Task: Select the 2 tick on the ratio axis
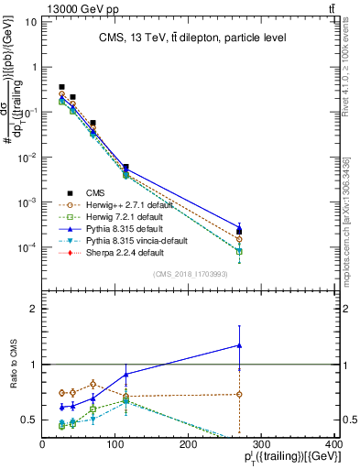pyautogui.click(x=36, y=309)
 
